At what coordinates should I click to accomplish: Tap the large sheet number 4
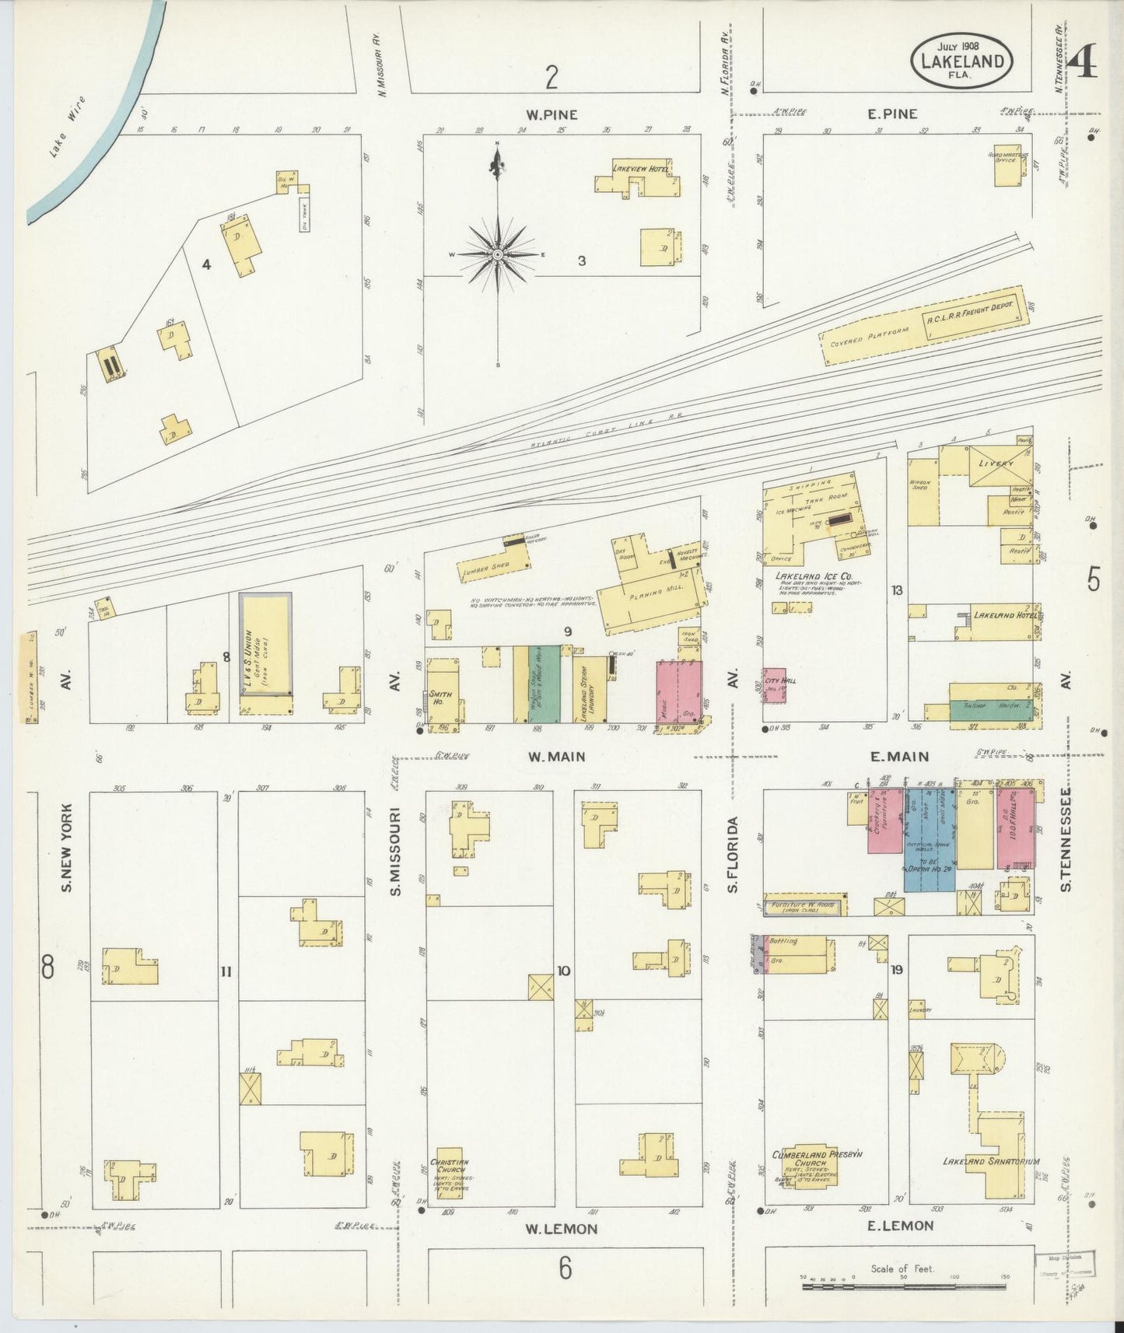point(1083,63)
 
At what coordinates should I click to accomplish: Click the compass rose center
point(497,254)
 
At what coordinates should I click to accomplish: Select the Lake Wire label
point(67,128)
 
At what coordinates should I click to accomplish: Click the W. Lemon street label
point(561,1229)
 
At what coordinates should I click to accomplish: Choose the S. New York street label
point(67,847)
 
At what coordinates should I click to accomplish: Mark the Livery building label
point(996,464)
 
